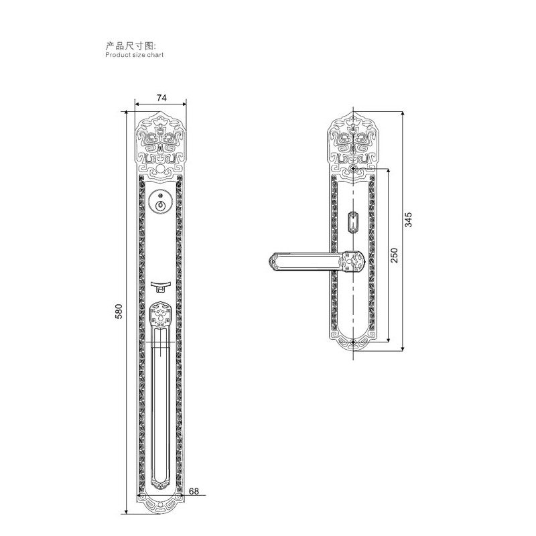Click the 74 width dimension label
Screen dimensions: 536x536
161,98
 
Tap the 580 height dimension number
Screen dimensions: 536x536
119,311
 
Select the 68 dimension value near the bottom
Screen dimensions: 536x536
194,491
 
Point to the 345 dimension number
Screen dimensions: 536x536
408,220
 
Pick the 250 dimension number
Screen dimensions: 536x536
394,255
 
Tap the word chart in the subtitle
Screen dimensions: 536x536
155,55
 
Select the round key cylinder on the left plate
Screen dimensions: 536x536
160,202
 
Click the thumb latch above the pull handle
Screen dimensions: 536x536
160,286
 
